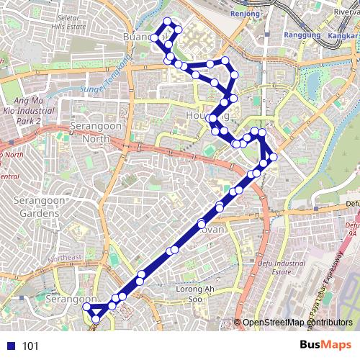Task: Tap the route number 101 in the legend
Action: pyautogui.click(x=30, y=346)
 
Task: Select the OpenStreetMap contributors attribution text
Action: pyautogui.click(x=297, y=323)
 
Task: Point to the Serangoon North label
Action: pyautogui.click(x=96, y=132)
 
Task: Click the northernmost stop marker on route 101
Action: pyautogui.click(x=167, y=21)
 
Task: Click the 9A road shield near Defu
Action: pyautogui.click(x=351, y=233)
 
